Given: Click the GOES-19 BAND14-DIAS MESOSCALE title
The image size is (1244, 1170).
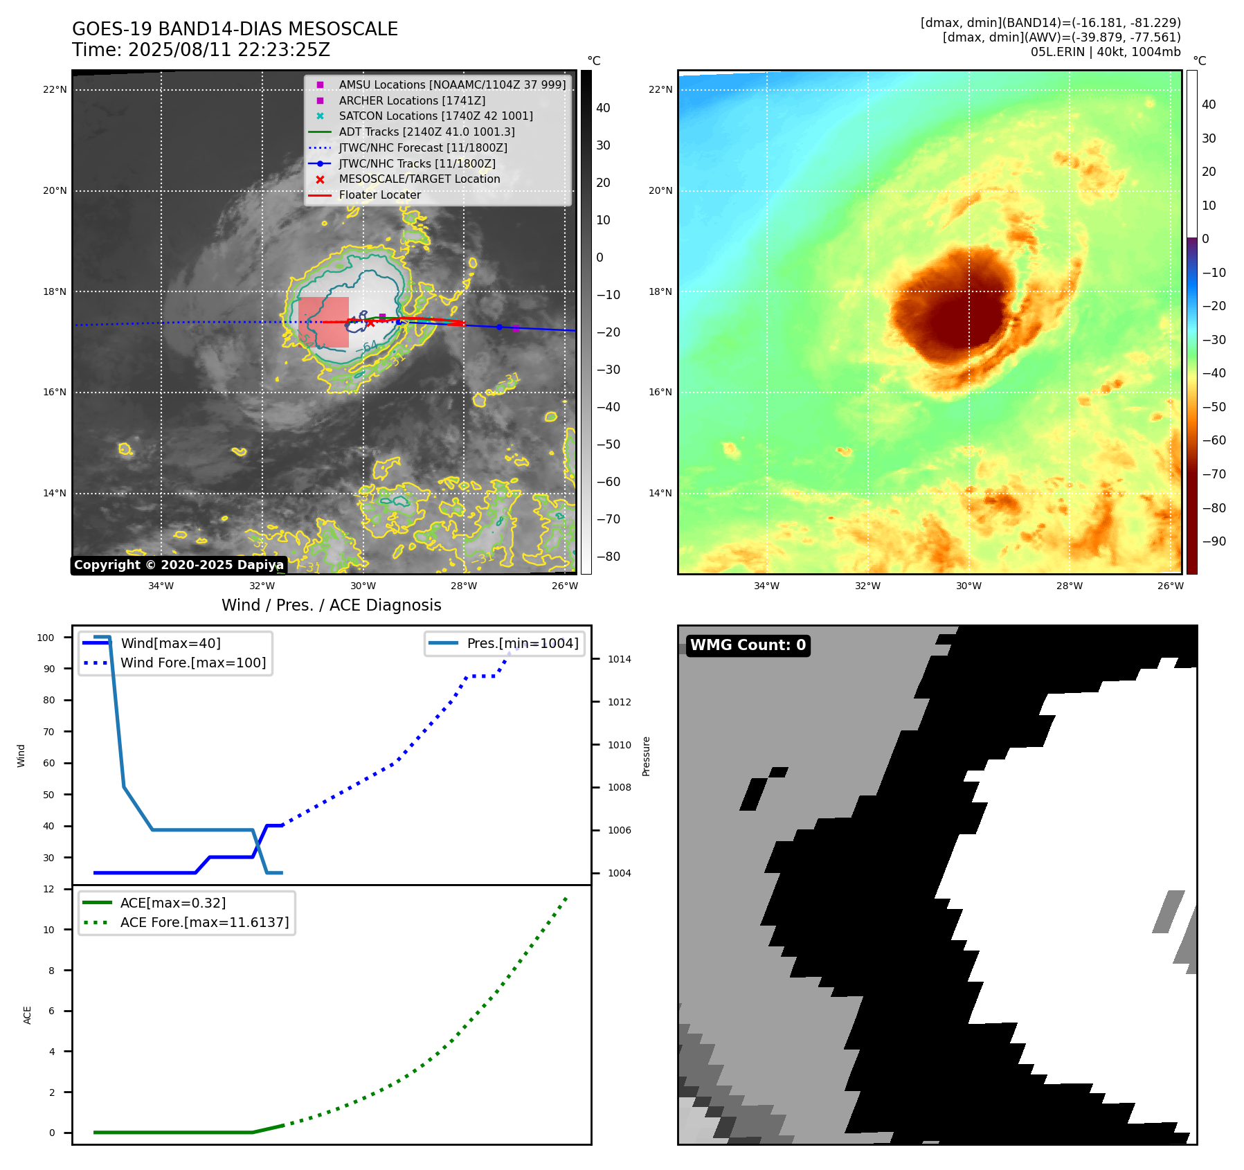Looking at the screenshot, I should pyautogui.click(x=235, y=29).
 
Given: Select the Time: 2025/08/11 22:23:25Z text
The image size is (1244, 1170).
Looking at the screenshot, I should pyautogui.click(x=201, y=50).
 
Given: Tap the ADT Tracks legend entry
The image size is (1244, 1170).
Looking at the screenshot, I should pyautogui.click(x=426, y=132).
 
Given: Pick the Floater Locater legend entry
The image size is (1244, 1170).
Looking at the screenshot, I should pyautogui.click(x=379, y=195).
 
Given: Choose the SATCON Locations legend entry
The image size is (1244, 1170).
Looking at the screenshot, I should pyautogui.click(x=435, y=116).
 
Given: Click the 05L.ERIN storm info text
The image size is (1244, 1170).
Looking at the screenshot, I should pyautogui.click(x=1105, y=52).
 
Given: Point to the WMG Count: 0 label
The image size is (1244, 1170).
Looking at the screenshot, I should pyautogui.click(x=748, y=645).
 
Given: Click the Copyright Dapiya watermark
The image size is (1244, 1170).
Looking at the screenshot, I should pyautogui.click(x=179, y=565).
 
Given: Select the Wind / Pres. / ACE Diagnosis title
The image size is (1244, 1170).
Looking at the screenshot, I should pyautogui.click(x=331, y=605).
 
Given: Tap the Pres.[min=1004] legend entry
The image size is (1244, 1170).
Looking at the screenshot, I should pyautogui.click(x=522, y=643).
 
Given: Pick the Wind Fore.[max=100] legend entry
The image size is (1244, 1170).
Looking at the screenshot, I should pyautogui.click(x=193, y=663).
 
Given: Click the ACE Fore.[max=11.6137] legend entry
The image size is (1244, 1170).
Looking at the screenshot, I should pyautogui.click(x=204, y=922).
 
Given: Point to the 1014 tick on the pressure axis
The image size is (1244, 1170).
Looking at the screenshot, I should pyautogui.click(x=619, y=659).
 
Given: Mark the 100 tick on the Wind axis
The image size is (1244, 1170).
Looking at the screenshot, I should pyautogui.click(x=46, y=638).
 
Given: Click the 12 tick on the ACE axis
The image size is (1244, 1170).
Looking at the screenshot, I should pyautogui.click(x=48, y=889).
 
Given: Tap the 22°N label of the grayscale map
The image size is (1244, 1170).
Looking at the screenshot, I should pyautogui.click(x=55, y=89).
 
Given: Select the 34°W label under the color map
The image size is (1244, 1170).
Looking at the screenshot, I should pyautogui.click(x=766, y=586).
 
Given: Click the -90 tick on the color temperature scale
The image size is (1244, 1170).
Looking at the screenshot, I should pyautogui.click(x=1214, y=541).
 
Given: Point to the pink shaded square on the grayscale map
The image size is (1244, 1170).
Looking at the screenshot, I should pyautogui.click(x=323, y=322).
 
